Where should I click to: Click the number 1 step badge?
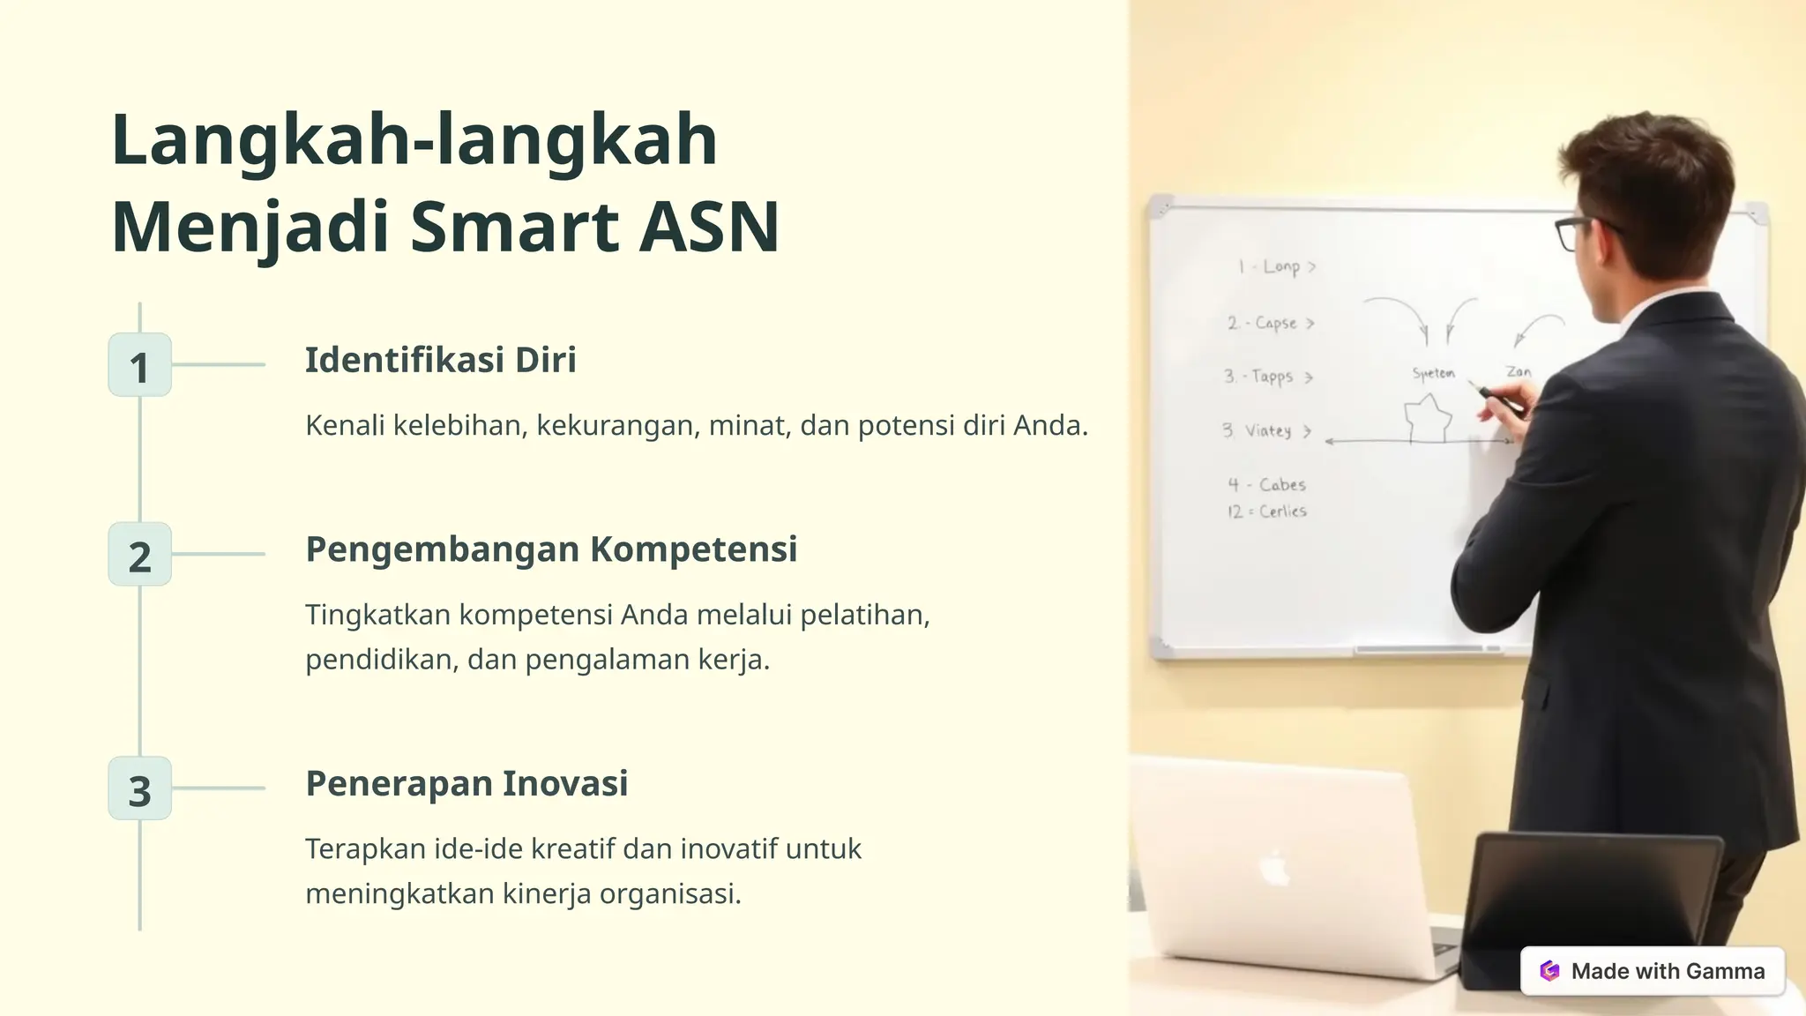tap(139, 365)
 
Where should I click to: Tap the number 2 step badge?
tap(139, 555)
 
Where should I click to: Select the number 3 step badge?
tap(139, 788)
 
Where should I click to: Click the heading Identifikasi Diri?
tap(440, 360)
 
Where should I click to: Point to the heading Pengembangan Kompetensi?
tap(551, 549)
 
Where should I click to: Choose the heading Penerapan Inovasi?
tap(466, 783)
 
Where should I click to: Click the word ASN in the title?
tap(709, 227)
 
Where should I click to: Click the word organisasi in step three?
tap(670, 894)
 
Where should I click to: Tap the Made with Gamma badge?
tap(1653, 971)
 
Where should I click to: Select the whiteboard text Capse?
tap(1276, 323)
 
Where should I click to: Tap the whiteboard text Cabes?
tap(1282, 484)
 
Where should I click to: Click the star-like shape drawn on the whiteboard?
tap(1427, 417)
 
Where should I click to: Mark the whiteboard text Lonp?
tap(1281, 266)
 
